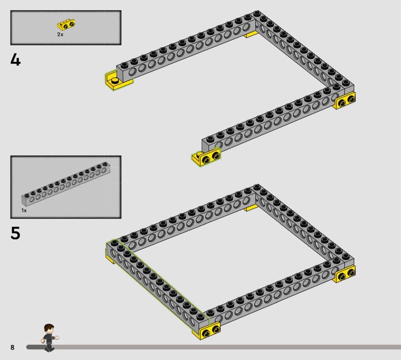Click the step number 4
[16, 60]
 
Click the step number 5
[16, 233]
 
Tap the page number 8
[12, 347]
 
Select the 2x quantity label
[60, 34]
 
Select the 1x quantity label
[24, 210]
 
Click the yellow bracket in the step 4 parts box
[66, 25]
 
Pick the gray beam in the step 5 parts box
[66, 184]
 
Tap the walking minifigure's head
[49, 328]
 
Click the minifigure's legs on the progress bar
[49, 347]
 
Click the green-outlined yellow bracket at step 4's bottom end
[206, 157]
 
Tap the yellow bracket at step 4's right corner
[345, 101]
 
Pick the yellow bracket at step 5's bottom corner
[207, 331]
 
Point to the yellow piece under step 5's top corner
[251, 208]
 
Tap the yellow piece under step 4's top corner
[251, 34]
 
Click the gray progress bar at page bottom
[214, 347]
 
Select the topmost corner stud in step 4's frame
[257, 14]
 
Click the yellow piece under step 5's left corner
[110, 258]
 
